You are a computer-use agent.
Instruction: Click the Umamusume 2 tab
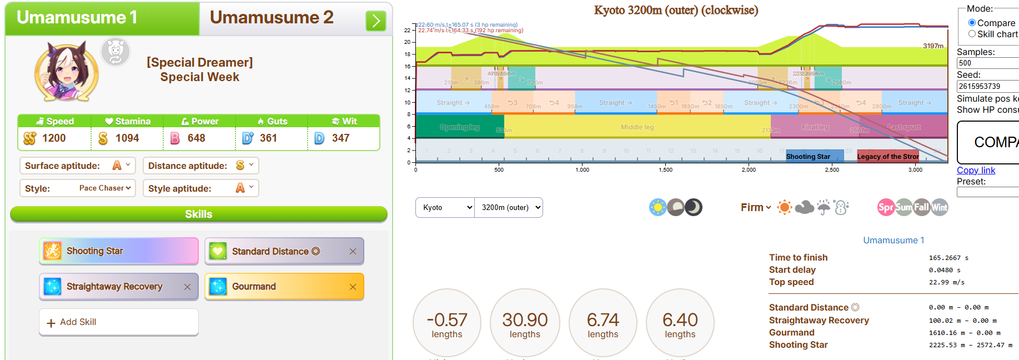[x=272, y=18]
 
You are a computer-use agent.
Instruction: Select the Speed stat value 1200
[x=54, y=138]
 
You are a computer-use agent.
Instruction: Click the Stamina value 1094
[x=127, y=138]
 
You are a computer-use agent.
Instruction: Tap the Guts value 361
[x=268, y=138]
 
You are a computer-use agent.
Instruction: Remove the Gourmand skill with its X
[x=353, y=287]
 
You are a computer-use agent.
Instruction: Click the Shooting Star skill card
[x=118, y=251]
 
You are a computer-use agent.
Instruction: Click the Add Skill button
[x=118, y=322]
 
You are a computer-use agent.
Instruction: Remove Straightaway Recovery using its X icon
[x=187, y=287]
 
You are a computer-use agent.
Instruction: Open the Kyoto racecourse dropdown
[x=445, y=208]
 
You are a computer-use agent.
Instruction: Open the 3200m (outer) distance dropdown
[x=509, y=208]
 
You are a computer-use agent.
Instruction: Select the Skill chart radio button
[x=972, y=34]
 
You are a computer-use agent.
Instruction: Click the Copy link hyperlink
[x=976, y=170]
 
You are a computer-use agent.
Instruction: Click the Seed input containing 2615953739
[x=987, y=86]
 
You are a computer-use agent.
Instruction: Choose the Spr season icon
[x=885, y=207]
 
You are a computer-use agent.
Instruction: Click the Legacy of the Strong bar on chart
[x=887, y=157]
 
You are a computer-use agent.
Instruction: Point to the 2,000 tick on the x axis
[x=749, y=169]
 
